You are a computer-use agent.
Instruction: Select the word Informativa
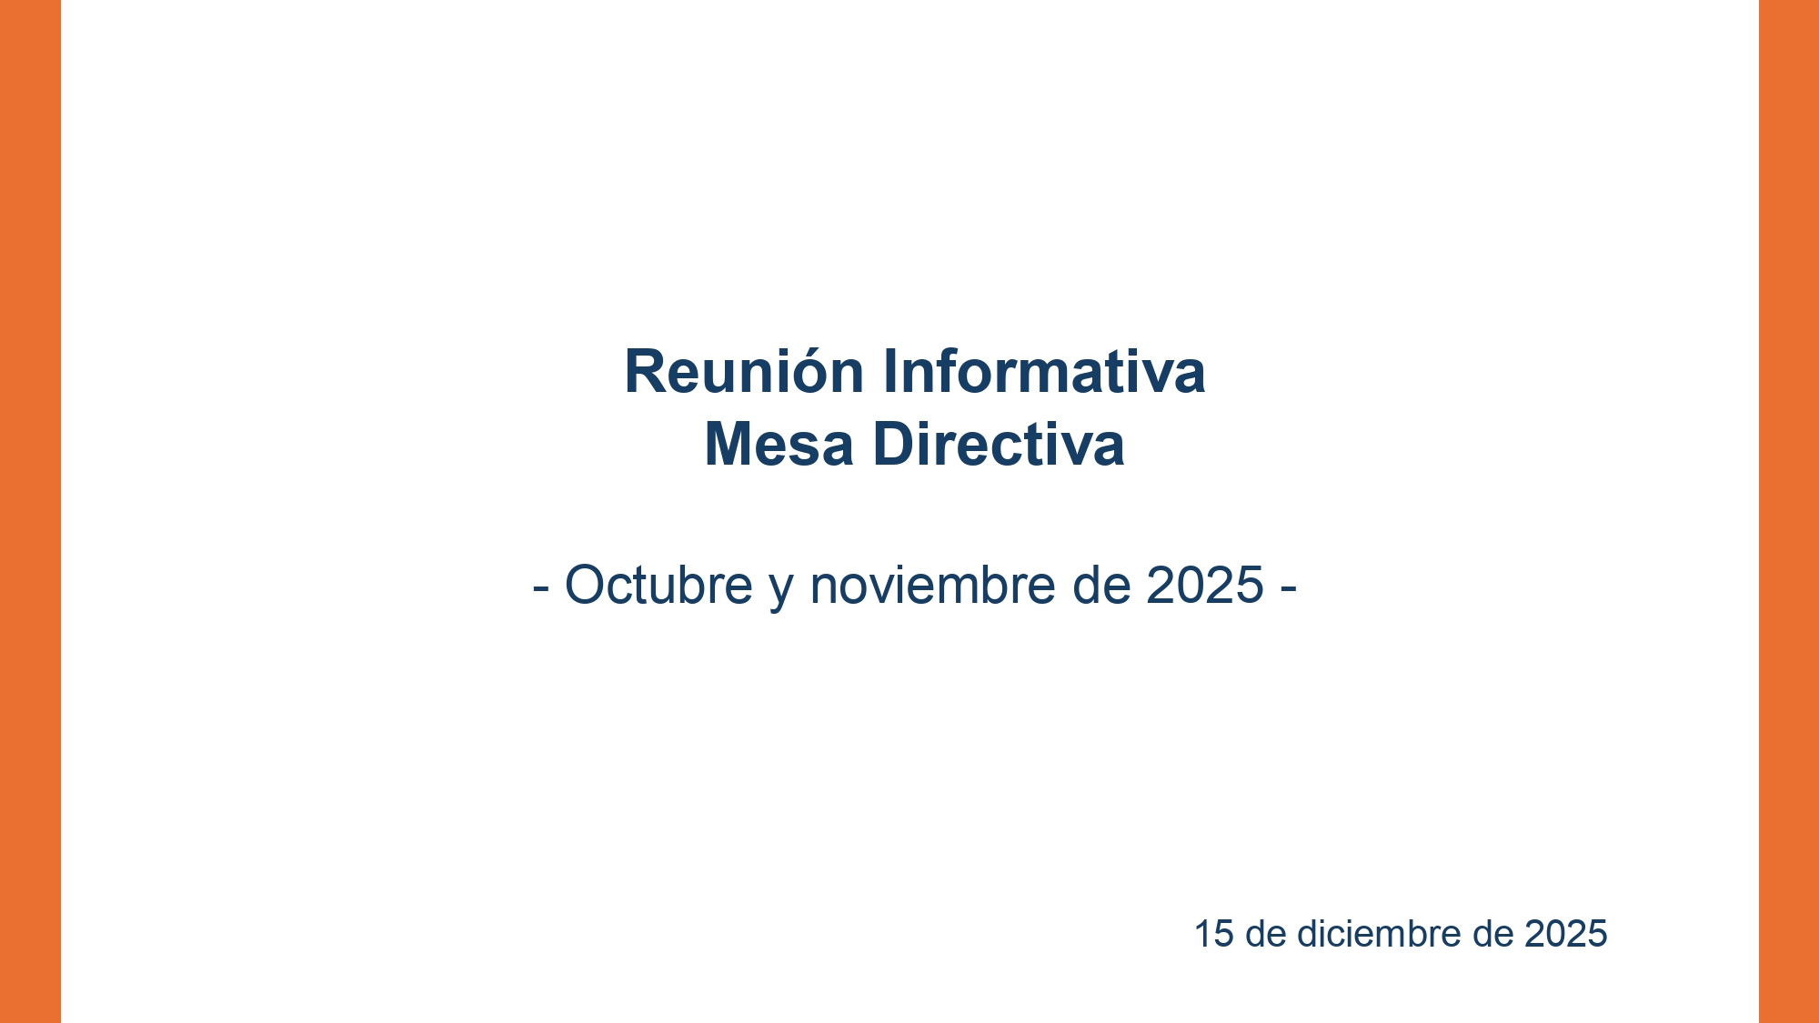pos(1043,372)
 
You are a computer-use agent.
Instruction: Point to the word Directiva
pos(998,445)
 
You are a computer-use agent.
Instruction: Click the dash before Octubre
pos(540,587)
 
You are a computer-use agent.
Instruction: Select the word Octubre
pos(658,585)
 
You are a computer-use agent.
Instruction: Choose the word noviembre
pos(932,585)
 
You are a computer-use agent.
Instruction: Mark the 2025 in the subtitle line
pos(1204,585)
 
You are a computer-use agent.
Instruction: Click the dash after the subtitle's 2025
pos(1288,587)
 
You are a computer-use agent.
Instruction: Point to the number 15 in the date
pos(1213,935)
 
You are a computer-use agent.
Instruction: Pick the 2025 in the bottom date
pos(1565,935)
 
